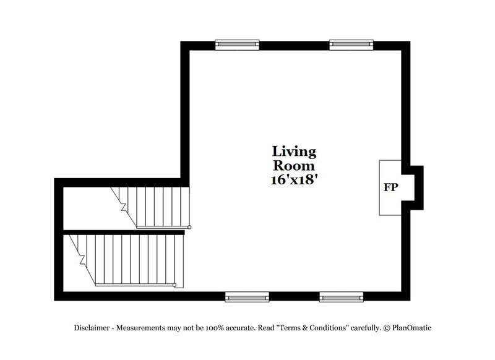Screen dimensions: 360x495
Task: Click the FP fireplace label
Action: tap(390, 187)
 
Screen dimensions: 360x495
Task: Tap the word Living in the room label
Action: tap(295, 152)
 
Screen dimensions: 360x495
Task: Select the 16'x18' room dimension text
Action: tap(295, 181)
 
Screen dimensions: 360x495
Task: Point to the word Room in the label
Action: tap(295, 166)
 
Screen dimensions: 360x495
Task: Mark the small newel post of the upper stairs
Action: tap(189, 227)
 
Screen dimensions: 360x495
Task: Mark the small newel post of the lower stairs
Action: tap(174, 285)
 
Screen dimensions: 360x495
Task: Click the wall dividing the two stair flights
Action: tap(124, 232)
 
